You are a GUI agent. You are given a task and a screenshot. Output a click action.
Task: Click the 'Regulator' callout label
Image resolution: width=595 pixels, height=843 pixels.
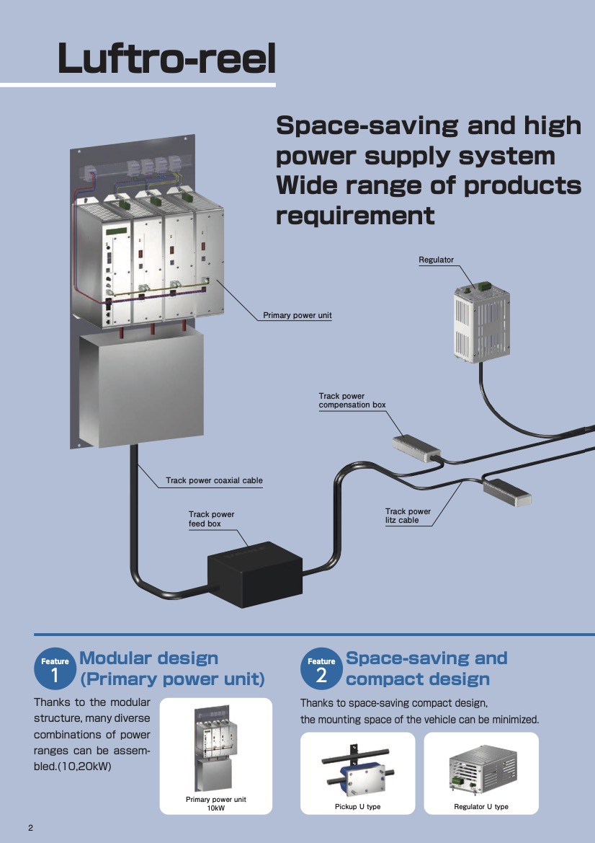(436, 260)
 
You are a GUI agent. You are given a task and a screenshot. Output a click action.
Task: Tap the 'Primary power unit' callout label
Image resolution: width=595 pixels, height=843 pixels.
(297, 316)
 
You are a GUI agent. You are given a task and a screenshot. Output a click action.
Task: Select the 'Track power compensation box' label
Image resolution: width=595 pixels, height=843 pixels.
(352, 400)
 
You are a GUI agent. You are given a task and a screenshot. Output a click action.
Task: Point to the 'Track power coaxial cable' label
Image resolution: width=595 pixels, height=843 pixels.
(214, 480)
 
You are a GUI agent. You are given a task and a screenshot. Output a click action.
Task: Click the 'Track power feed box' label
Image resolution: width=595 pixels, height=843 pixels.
(211, 519)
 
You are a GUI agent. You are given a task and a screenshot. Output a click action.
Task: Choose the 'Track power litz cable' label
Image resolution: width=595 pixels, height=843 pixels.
(408, 516)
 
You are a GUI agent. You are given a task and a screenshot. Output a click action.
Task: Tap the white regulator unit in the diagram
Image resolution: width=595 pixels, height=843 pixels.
(481, 320)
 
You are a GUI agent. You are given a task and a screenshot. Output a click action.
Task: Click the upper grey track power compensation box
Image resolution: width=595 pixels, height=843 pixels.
(416, 447)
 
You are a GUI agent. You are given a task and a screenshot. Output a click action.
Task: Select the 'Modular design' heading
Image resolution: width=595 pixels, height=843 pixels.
(148, 658)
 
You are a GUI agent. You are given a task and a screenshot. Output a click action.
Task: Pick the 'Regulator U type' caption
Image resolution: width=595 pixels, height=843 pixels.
(480, 806)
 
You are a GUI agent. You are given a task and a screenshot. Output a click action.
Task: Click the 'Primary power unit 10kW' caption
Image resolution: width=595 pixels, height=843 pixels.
(215, 803)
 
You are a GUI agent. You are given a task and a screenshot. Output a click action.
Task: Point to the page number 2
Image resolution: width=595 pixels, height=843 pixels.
(30, 827)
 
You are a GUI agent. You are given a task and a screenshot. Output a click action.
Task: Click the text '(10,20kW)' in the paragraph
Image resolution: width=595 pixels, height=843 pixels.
(82, 767)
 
